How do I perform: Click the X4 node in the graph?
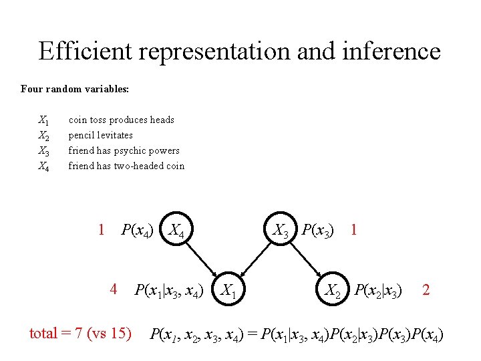click(181, 231)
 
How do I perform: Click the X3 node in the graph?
click(281, 231)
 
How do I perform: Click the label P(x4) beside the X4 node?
click(137, 231)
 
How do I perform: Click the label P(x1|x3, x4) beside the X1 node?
click(168, 290)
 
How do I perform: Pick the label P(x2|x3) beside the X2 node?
click(378, 290)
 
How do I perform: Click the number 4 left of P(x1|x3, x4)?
click(114, 289)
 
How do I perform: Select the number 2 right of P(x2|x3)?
click(426, 290)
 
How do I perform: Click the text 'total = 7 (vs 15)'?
click(80, 332)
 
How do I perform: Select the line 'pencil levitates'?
click(100, 135)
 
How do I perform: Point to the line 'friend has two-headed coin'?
click(126, 166)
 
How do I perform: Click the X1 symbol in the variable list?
click(43, 120)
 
